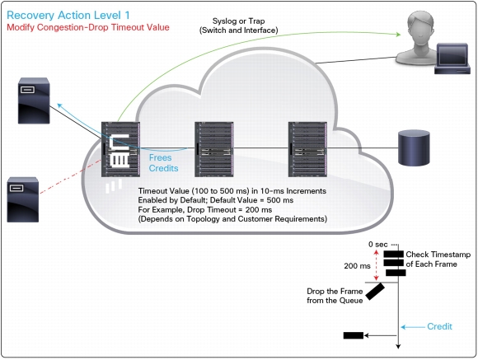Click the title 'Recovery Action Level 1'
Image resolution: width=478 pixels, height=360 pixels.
[68, 16]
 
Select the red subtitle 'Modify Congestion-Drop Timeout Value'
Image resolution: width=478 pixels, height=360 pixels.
[88, 27]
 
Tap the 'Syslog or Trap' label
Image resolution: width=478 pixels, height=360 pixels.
[238, 21]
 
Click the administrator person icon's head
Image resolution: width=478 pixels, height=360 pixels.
[420, 25]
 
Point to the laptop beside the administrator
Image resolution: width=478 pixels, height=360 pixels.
[452, 58]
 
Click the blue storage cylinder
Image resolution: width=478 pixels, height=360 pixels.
[414, 147]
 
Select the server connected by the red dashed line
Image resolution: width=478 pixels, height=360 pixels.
[23, 199]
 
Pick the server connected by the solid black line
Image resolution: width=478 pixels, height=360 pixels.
[34, 101]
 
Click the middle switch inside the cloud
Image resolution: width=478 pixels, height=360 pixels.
[214, 149]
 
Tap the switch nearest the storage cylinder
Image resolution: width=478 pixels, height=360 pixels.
[307, 149]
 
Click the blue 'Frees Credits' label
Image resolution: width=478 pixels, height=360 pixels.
[163, 163]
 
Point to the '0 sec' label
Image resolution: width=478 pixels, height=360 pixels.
[378, 245]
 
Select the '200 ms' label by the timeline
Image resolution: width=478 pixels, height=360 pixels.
[358, 266]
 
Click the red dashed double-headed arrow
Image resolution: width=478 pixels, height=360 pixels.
[376, 265]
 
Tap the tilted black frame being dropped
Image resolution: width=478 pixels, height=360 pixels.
[375, 292]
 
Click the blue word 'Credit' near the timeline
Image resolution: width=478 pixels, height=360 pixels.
[439, 326]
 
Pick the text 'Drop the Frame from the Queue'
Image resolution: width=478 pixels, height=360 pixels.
[335, 296]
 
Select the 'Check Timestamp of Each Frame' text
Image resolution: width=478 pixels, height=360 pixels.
[438, 259]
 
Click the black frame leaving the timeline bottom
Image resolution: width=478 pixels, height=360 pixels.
[354, 335]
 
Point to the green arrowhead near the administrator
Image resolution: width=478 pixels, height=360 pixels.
[398, 34]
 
